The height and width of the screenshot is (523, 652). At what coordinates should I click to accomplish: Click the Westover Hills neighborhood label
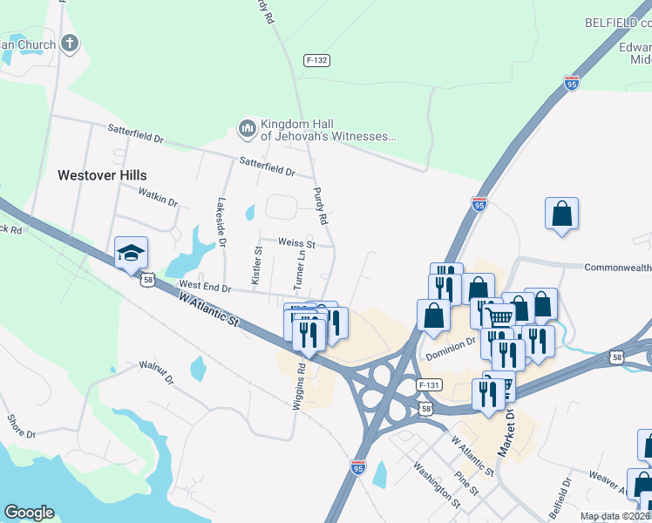click(102, 175)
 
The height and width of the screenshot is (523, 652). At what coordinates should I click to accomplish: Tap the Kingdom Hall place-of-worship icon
click(247, 130)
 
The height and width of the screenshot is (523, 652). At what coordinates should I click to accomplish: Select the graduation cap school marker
click(132, 253)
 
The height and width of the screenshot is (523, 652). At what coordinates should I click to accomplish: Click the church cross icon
click(71, 43)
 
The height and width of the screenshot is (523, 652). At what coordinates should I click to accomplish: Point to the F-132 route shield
click(316, 60)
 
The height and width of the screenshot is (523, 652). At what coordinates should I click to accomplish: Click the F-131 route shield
click(427, 384)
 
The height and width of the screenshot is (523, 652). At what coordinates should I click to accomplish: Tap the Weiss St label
click(295, 244)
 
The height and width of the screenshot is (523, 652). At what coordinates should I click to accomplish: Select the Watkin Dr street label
click(159, 201)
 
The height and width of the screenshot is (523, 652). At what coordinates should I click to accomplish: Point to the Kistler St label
click(257, 262)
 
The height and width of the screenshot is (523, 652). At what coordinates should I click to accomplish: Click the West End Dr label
click(204, 286)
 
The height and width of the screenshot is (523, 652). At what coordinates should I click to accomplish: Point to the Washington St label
click(437, 485)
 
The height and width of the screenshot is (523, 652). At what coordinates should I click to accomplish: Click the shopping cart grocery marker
click(499, 316)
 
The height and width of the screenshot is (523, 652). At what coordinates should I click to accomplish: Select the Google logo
click(29, 513)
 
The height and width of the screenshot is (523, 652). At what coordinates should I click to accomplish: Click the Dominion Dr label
click(452, 350)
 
